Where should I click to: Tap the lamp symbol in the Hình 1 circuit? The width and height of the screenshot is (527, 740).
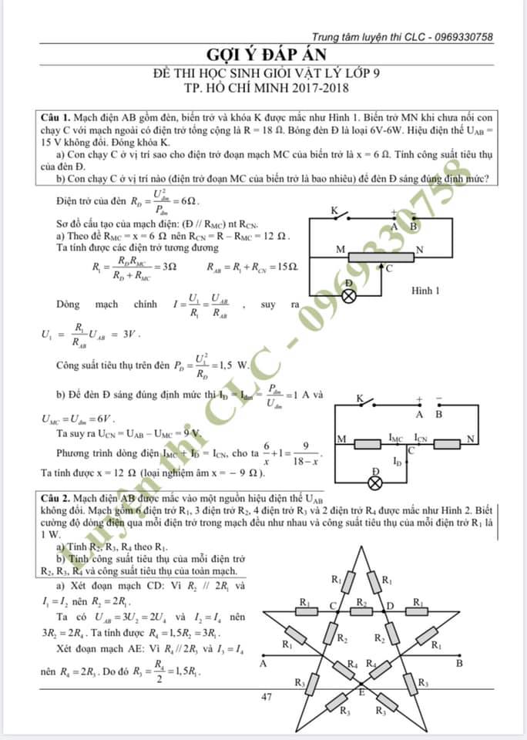348,294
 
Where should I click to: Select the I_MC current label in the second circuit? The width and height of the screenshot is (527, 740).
396,438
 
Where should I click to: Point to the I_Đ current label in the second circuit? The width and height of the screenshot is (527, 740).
397,462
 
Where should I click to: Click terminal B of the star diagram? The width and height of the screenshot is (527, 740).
459,662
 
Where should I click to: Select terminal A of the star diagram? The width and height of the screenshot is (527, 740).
264,662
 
